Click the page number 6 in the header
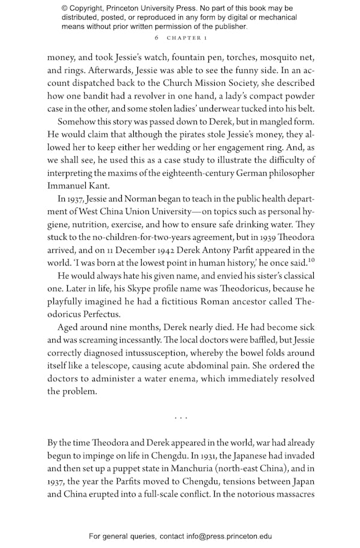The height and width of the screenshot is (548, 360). pos(156,38)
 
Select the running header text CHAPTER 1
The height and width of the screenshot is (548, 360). pos(187,38)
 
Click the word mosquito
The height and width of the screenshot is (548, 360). pos(257,57)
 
